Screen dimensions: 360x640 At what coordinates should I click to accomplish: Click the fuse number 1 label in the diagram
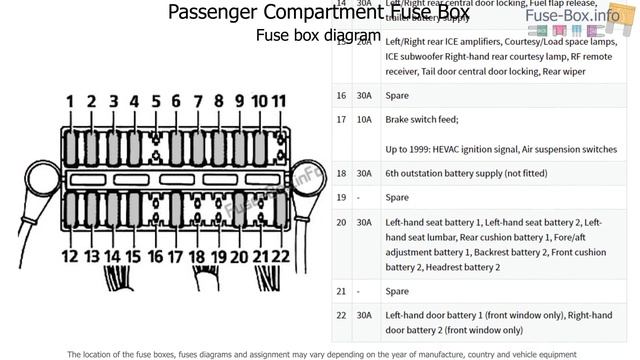coord(70,102)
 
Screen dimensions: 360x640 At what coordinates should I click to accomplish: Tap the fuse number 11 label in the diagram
coord(279,101)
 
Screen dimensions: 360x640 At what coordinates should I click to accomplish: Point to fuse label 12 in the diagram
coord(69,256)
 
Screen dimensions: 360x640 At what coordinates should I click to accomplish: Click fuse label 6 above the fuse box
coord(176,102)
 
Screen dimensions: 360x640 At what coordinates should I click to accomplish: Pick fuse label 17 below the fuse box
coord(176,256)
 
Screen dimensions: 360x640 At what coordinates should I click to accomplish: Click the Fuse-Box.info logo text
coord(586,15)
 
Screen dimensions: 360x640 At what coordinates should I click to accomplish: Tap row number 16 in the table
coord(341,95)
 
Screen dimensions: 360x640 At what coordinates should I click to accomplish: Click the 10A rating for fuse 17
coord(363,120)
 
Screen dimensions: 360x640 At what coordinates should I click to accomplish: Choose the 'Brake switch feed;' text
coord(421,120)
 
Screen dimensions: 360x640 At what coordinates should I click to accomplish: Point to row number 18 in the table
coord(341,173)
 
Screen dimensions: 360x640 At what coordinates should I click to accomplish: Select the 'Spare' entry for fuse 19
coord(397,198)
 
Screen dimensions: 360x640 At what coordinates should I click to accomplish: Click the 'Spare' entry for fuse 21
coord(397,291)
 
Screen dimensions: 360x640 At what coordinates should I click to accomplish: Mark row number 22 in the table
coord(341,315)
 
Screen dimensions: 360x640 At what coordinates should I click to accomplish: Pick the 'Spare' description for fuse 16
coord(397,95)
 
